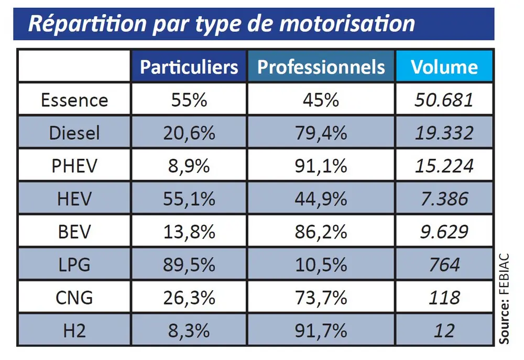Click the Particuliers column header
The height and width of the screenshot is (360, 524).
tap(189, 67)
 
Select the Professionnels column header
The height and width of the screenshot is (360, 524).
tap(321, 67)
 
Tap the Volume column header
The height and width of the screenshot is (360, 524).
tap(444, 67)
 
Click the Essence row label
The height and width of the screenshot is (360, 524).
tap(74, 100)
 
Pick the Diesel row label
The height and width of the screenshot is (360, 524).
tap(74, 133)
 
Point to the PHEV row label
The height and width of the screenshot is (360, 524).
tap(74, 166)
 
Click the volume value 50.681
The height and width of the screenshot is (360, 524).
tap(444, 100)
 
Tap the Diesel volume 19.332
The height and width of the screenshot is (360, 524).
tap(444, 133)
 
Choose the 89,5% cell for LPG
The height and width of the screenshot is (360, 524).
tap(189, 265)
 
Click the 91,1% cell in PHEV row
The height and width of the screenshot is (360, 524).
tap(321, 166)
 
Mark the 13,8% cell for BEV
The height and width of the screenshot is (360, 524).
tap(189, 232)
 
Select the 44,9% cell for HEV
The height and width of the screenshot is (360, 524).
tap(321, 199)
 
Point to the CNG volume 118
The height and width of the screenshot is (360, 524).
tap(444, 298)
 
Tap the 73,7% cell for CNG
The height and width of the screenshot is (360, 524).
tap(321, 298)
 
